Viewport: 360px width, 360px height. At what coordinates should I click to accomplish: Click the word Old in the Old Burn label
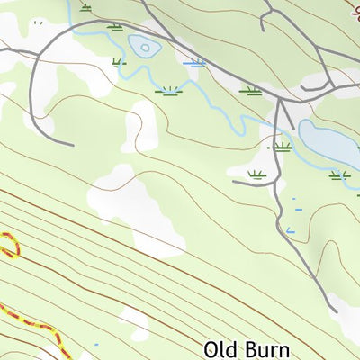point(223,348)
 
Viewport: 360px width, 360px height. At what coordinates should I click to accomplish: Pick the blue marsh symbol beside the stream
point(193,63)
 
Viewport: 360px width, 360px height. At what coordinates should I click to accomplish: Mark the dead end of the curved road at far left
point(72,142)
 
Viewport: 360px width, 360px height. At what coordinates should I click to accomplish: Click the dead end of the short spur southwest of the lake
point(234,183)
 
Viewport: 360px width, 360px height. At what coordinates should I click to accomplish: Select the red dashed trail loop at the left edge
point(9,245)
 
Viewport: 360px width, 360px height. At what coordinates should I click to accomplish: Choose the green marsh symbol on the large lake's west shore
point(283,146)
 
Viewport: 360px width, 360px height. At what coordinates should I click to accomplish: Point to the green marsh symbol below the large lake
point(338,175)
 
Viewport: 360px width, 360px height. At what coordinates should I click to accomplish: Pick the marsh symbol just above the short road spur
point(256,173)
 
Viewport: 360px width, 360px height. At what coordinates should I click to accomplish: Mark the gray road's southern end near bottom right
point(335,311)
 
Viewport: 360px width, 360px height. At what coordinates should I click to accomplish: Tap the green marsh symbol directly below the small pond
point(167,90)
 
